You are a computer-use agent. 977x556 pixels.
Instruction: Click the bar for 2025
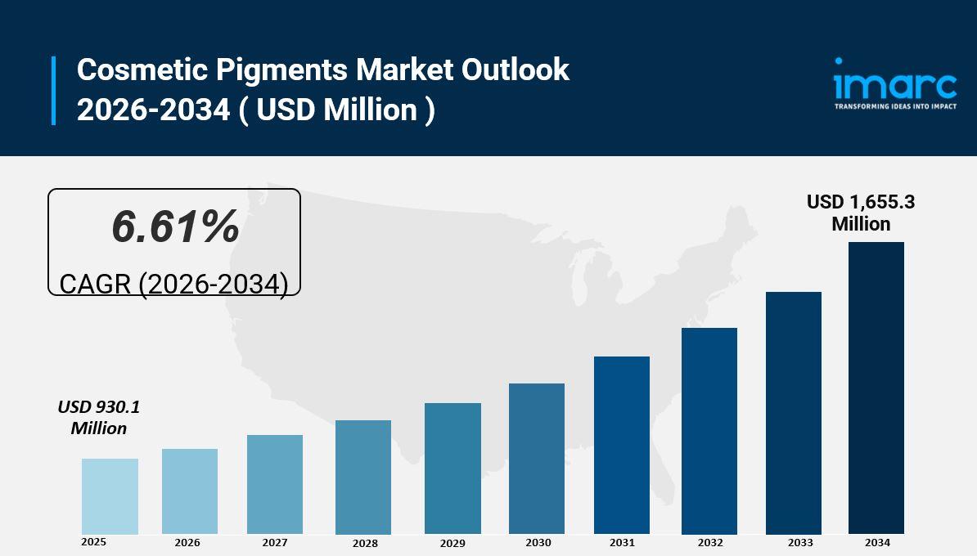point(110,496)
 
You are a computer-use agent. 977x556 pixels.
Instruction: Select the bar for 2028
point(363,478)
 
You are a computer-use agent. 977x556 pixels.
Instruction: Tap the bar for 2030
point(537,459)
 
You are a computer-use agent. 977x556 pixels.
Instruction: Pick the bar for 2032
point(709,431)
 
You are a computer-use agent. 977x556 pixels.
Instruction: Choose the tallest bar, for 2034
point(876,388)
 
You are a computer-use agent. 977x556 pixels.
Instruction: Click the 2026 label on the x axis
point(187,543)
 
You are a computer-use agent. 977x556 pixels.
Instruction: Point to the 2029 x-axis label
point(452,544)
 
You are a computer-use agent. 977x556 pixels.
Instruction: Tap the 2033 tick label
point(800,543)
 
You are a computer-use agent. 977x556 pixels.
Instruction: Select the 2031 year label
point(622,543)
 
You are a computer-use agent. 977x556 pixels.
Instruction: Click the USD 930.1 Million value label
point(98,417)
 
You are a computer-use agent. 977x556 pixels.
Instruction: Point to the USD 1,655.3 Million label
point(861,213)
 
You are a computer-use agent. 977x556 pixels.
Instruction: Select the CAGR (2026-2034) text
point(173,284)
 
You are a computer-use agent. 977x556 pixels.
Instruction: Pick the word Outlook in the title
point(516,70)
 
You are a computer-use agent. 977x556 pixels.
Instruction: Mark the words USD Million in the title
point(337,110)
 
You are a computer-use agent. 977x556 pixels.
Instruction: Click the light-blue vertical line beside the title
point(54,90)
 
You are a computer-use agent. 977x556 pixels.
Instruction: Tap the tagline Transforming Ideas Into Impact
point(895,106)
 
